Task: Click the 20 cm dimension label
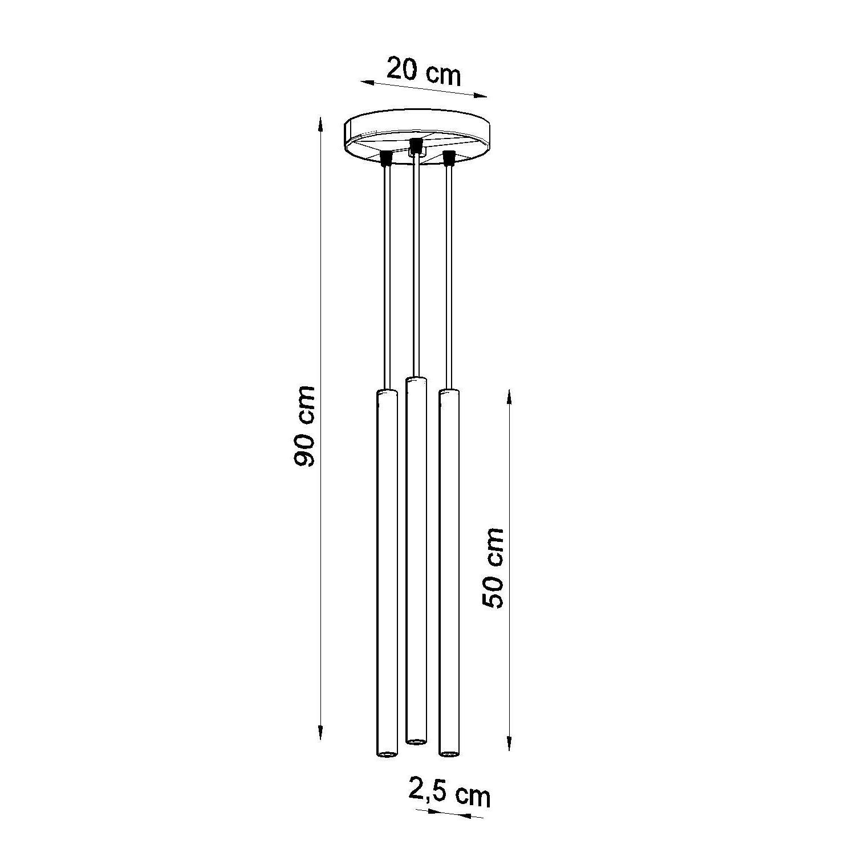(x=424, y=72)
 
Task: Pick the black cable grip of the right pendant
(x=449, y=158)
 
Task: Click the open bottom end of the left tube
(x=387, y=753)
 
